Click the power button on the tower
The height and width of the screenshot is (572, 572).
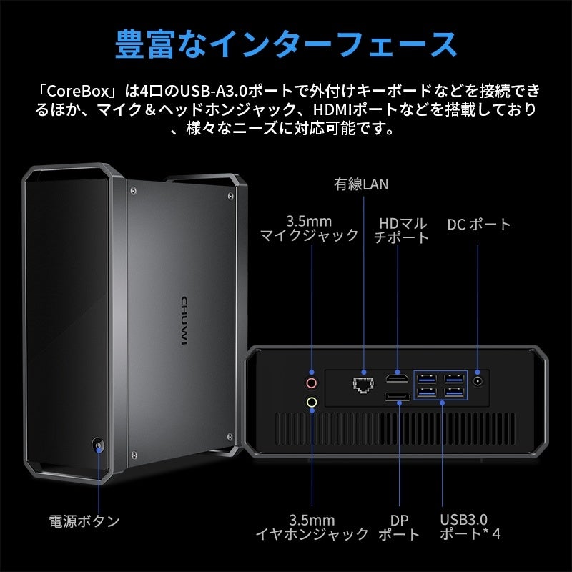click(x=98, y=446)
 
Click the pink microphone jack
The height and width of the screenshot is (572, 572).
click(x=311, y=381)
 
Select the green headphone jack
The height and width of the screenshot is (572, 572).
click(x=311, y=402)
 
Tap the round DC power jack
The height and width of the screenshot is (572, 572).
click(x=478, y=381)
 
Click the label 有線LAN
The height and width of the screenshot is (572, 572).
click(x=361, y=184)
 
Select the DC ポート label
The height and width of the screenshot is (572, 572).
click(x=479, y=225)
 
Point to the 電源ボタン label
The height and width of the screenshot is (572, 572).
click(x=84, y=521)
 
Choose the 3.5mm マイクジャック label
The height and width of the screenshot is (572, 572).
click(x=308, y=228)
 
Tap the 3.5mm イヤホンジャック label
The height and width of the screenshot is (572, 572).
click(x=312, y=527)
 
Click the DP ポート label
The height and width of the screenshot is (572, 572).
click(x=398, y=527)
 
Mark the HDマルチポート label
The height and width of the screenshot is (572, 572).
click(x=402, y=230)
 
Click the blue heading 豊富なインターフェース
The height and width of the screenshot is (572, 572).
click(x=286, y=44)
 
